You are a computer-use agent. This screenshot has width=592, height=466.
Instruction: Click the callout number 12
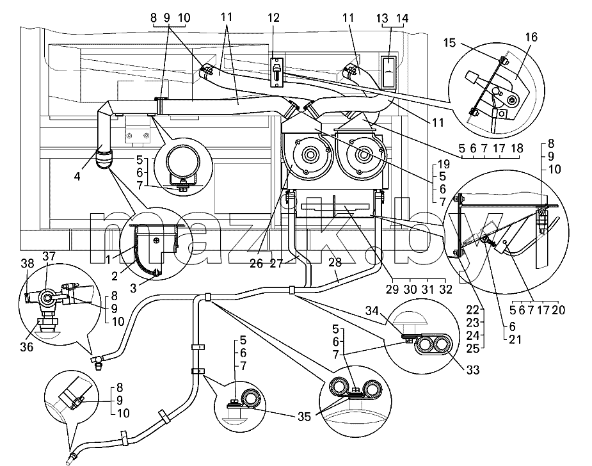click(273, 18)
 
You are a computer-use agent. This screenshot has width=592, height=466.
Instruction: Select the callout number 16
click(531, 37)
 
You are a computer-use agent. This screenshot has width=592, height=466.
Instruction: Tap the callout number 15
click(450, 42)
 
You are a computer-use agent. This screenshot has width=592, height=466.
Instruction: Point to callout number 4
click(77, 176)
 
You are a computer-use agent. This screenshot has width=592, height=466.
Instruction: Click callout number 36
click(27, 346)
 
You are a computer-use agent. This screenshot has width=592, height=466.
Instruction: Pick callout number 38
click(27, 263)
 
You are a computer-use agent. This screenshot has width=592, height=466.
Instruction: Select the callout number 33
click(473, 370)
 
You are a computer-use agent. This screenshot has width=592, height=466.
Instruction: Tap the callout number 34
click(372, 311)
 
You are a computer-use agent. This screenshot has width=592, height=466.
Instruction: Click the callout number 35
click(304, 416)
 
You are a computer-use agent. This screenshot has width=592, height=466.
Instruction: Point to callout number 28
click(335, 262)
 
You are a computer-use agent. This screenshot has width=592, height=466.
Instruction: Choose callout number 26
click(257, 263)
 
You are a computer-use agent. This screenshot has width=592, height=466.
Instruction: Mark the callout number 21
click(515, 339)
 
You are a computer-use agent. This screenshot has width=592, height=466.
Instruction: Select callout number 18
click(517, 149)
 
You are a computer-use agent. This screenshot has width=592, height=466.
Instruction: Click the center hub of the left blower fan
click(310, 154)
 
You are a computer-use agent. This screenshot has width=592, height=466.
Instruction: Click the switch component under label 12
click(276, 72)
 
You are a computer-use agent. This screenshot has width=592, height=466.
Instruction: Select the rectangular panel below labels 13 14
click(388, 72)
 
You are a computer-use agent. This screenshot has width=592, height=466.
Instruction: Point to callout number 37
click(49, 257)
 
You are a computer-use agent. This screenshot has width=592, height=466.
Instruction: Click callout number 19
click(444, 165)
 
